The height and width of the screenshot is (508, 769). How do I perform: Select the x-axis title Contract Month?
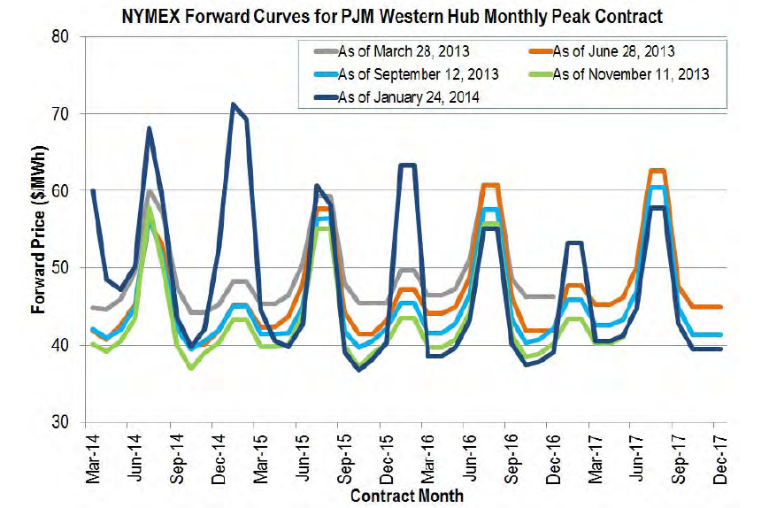point(406,496)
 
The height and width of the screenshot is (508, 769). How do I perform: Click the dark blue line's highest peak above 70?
point(233,104)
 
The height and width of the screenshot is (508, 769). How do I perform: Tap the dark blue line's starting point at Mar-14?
point(93,190)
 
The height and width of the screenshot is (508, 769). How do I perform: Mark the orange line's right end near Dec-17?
point(721,306)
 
